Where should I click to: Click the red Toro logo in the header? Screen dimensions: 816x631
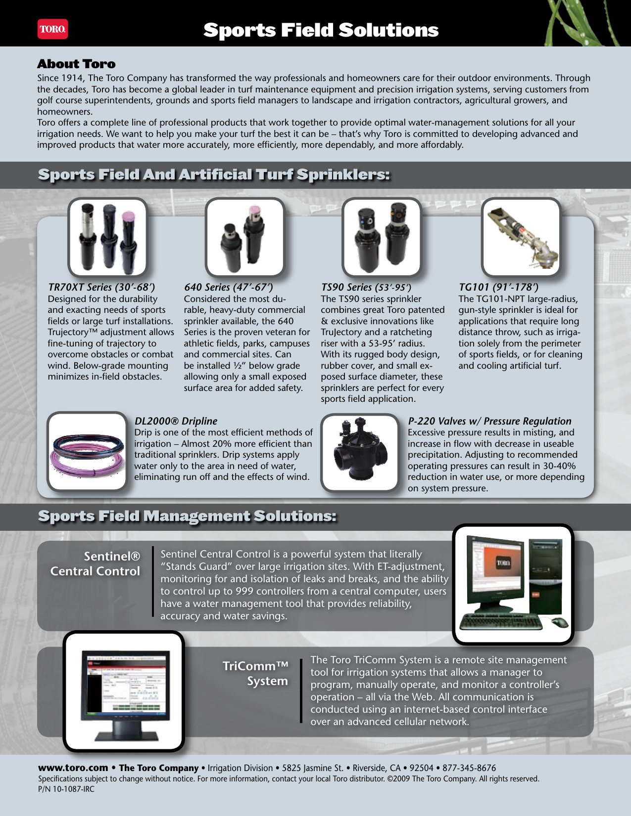click(x=52, y=29)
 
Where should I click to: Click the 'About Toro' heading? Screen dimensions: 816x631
click(x=76, y=64)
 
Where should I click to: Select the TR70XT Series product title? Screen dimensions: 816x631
click(x=101, y=287)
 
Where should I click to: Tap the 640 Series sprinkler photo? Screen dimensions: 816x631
click(x=244, y=237)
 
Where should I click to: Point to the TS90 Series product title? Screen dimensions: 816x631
click(x=366, y=287)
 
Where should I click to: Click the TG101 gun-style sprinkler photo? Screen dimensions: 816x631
click(x=521, y=237)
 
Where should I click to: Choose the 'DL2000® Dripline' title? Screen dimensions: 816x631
click(x=176, y=421)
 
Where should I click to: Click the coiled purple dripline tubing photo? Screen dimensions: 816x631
click(x=88, y=451)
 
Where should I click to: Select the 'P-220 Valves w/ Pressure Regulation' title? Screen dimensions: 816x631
click(x=489, y=421)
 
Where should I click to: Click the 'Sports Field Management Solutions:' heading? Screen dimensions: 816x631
click(x=187, y=516)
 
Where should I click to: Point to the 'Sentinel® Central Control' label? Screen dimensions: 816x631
click(x=95, y=564)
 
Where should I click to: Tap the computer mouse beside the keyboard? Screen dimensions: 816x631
click(x=559, y=621)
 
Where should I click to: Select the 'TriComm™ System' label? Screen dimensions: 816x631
click(x=255, y=673)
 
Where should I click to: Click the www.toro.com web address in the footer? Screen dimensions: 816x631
click(x=73, y=768)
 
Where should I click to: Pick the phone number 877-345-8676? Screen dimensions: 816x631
click(x=469, y=768)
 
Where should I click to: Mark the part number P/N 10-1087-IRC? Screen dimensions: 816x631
click(x=66, y=789)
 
